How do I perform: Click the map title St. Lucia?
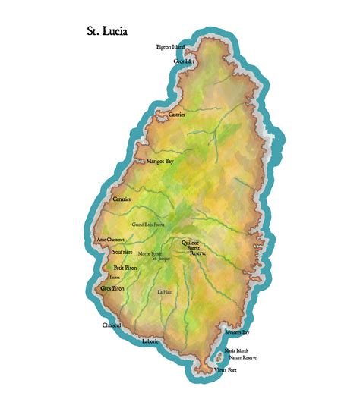tap(107, 32)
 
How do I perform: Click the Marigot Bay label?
tap(160, 162)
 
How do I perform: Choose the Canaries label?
tap(122, 199)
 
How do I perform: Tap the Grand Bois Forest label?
tap(148, 225)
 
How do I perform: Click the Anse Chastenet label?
tap(111, 240)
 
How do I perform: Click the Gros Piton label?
tap(112, 289)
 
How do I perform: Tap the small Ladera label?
tap(115, 278)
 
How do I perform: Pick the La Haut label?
tap(165, 292)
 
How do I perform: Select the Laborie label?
tap(150, 341)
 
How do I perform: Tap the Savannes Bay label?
tap(237, 332)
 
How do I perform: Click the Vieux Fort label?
tap(226, 370)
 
